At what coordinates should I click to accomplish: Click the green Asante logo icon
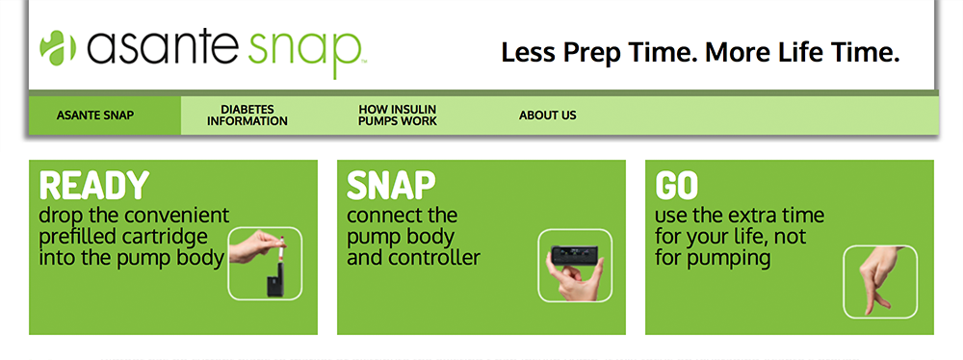[57, 47]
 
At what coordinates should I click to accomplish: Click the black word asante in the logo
[162, 47]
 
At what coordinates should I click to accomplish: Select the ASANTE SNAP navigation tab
[95, 116]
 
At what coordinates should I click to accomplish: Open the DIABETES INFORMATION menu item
[247, 116]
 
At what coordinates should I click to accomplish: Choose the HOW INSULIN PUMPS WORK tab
[398, 116]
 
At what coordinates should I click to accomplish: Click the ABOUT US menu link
[548, 116]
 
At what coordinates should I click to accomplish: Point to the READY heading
[94, 186]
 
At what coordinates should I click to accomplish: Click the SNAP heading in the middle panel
[391, 186]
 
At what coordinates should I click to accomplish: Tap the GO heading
[677, 186]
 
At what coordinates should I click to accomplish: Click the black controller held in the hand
[574, 255]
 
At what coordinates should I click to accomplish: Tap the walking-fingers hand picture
[880, 281]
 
